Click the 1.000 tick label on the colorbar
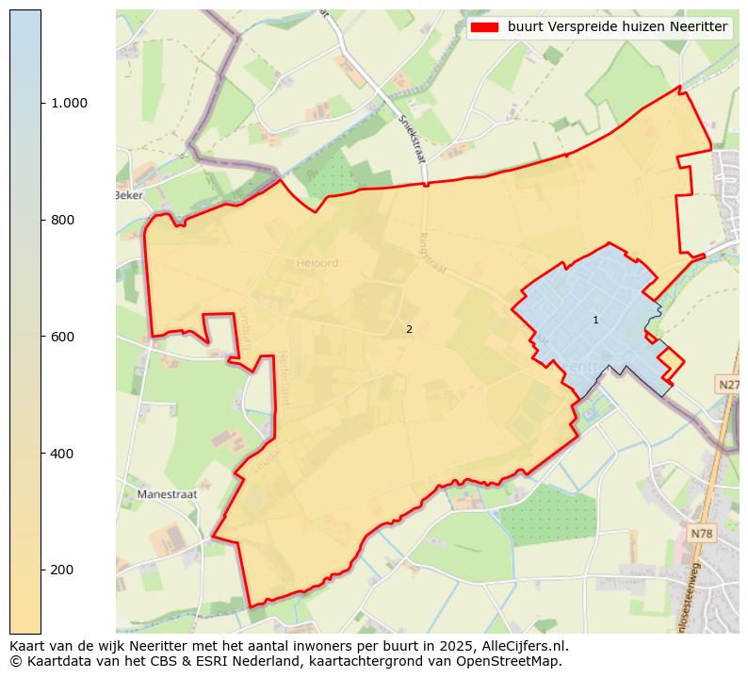click(69, 103)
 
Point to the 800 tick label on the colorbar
click(63, 220)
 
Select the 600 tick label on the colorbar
click(63, 337)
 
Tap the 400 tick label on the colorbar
click(63, 454)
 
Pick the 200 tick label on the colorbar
click(63, 570)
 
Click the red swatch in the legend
click(484, 27)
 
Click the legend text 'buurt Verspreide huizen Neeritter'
click(617, 27)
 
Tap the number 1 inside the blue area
click(595, 321)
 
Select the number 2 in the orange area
click(409, 330)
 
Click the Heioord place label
click(316, 263)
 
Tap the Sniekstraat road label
click(412, 138)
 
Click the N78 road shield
click(702, 534)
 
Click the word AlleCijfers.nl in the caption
click(521, 646)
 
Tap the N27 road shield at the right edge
click(729, 385)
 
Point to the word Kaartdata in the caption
click(52, 661)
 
